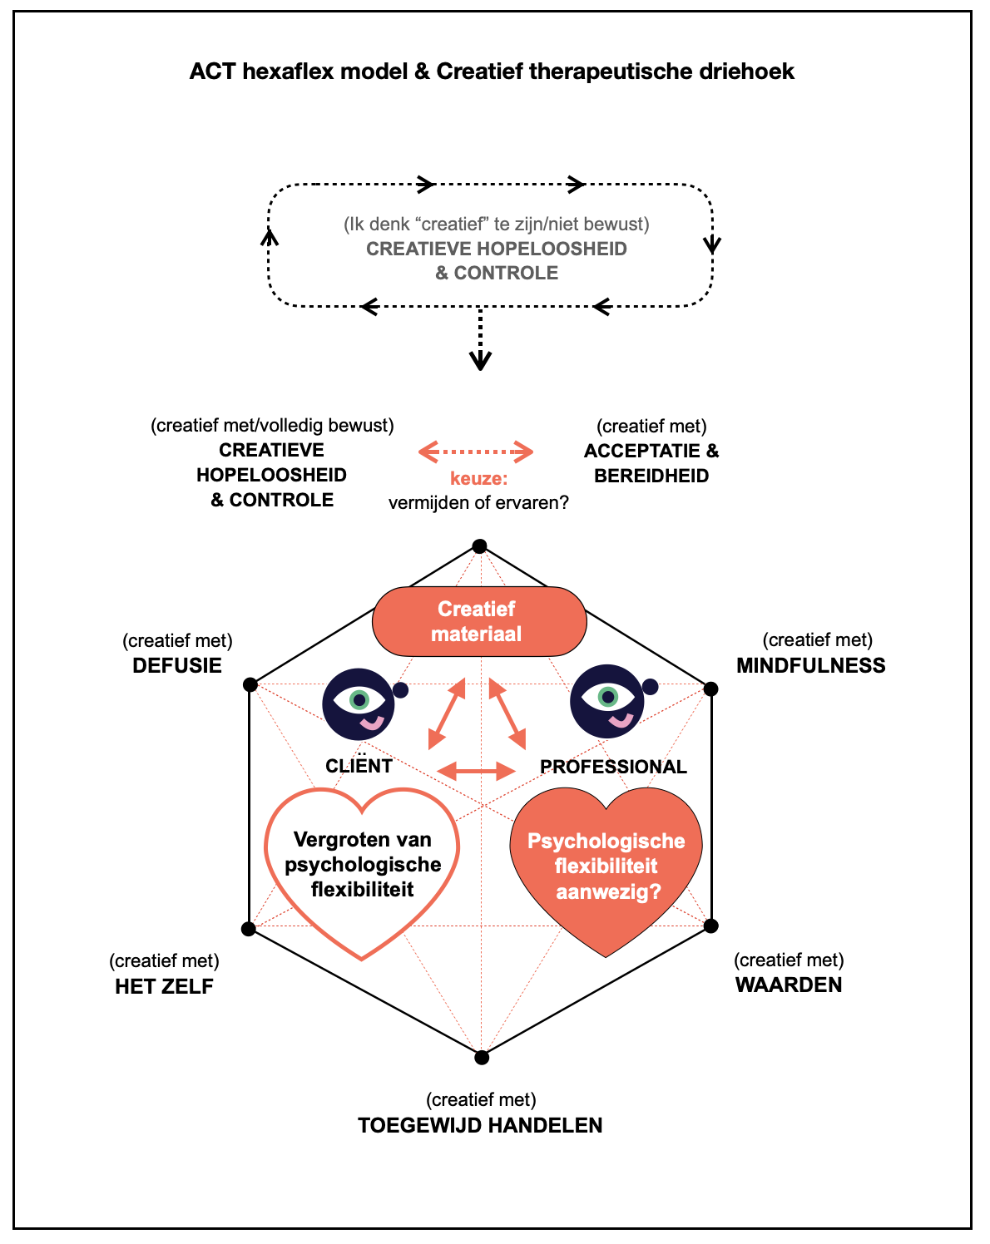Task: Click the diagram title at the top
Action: (492, 72)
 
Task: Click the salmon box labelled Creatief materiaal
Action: (478, 621)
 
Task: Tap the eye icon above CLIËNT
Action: (359, 703)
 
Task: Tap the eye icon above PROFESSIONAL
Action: (606, 701)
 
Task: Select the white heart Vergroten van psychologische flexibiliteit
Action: (362, 869)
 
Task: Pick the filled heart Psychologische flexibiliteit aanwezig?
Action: (606, 866)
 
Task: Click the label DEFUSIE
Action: (177, 666)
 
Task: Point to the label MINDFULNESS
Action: (810, 666)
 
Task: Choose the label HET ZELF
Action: (164, 987)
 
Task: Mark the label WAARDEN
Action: (789, 985)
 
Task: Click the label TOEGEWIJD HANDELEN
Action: (480, 1126)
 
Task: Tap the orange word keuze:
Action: (478, 479)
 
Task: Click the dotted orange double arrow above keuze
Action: (476, 452)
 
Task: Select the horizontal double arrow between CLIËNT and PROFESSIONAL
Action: (477, 770)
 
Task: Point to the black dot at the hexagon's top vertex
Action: (479, 546)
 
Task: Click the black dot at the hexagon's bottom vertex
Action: (482, 1058)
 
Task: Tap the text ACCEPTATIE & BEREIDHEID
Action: (651, 464)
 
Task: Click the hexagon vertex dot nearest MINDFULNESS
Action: (710, 689)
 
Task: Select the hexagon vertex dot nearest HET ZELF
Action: (248, 929)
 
